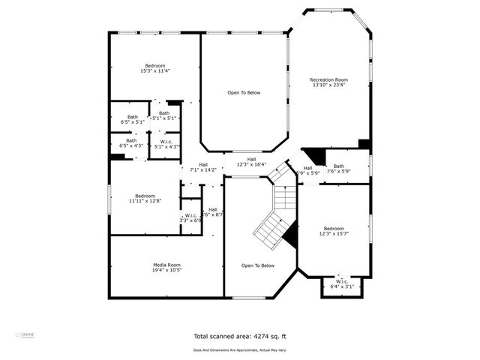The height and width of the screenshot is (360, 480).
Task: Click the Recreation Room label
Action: (329, 82)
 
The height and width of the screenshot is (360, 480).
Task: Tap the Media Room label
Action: (166, 268)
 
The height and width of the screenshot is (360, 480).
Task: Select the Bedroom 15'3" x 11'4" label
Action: (155, 68)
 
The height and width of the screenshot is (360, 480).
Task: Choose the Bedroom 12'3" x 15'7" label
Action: (334, 232)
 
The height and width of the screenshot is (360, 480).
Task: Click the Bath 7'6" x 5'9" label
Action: (339, 169)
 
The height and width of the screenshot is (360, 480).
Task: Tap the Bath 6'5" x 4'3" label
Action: (131, 142)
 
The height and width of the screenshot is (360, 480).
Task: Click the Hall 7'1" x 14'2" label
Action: (203, 167)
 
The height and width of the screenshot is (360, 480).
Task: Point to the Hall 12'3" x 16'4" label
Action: (251, 162)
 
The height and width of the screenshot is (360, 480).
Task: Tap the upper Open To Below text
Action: (244, 92)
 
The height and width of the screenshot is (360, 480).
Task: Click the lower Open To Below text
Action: (257, 265)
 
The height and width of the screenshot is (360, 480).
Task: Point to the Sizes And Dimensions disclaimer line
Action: (239, 349)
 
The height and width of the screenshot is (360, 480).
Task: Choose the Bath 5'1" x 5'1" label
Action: (163, 115)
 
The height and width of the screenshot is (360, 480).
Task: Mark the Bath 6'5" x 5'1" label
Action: (132, 119)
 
